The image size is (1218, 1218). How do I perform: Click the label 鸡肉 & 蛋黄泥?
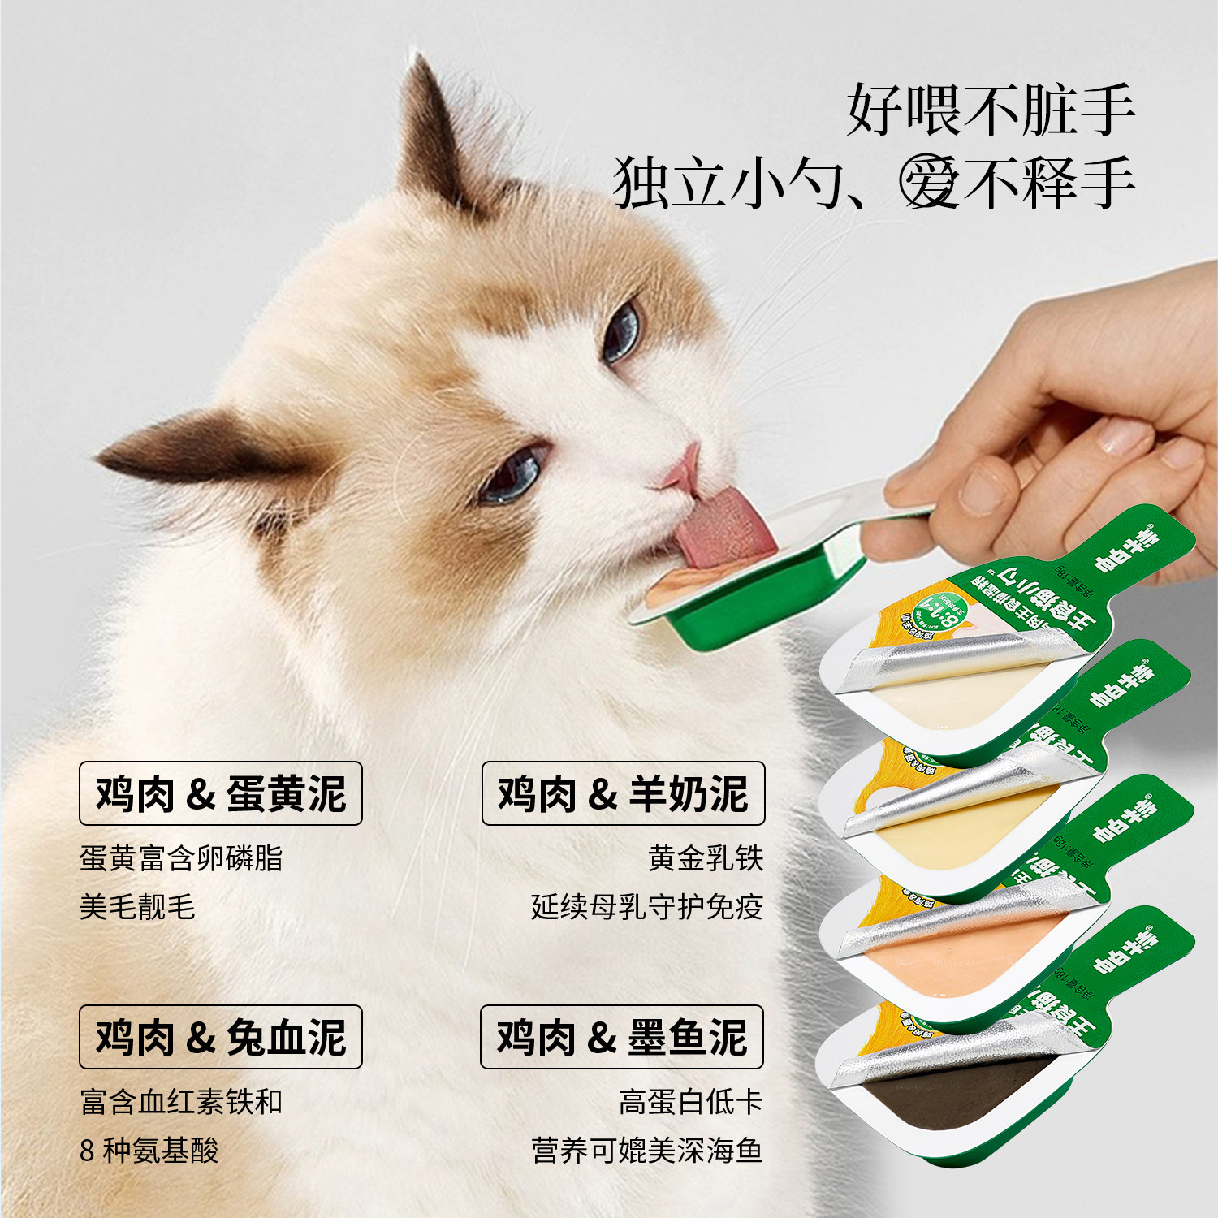[x=220, y=793]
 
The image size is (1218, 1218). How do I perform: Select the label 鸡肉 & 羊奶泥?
[x=623, y=793]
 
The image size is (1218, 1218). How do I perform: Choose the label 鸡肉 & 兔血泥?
[x=220, y=1037]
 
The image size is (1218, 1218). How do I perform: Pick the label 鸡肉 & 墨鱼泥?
[x=622, y=1037]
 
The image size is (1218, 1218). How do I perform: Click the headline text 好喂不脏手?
[x=990, y=110]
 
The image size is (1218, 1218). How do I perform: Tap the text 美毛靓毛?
[x=137, y=907]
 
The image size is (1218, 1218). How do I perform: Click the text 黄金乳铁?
[x=706, y=858]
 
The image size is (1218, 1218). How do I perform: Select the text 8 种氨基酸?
[x=149, y=1151]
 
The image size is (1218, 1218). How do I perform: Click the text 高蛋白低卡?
[x=690, y=1102]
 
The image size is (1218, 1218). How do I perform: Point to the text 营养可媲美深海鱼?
[x=647, y=1151]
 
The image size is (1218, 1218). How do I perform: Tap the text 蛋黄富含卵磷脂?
[x=181, y=858]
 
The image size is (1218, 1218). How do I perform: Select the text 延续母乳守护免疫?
[x=647, y=907]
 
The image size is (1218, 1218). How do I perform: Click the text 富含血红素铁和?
[x=181, y=1102]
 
